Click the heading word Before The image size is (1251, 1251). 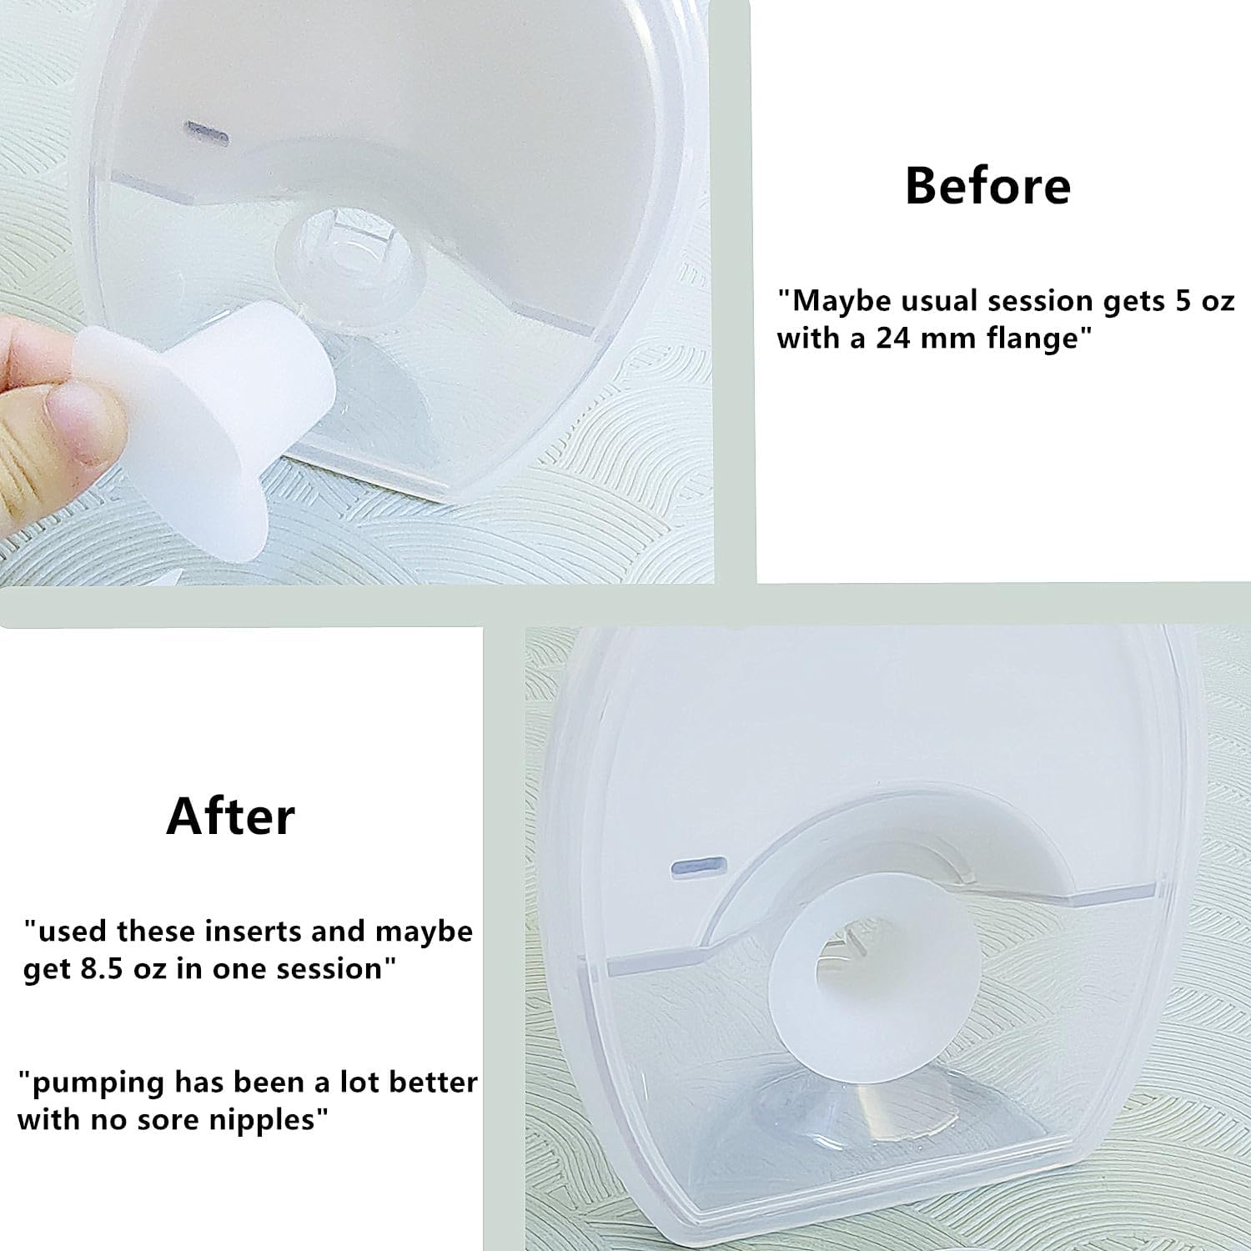click(987, 185)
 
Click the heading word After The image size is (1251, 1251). click(230, 816)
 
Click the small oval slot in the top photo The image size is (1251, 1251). click(205, 131)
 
